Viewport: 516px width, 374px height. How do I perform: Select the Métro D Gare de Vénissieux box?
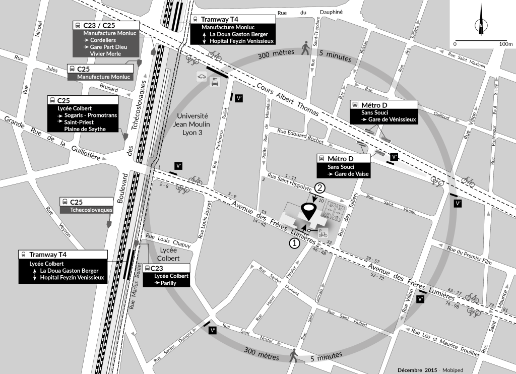pyautogui.click(x=384, y=104)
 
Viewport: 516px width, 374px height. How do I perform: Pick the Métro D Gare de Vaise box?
pyautogui.click(x=343, y=159)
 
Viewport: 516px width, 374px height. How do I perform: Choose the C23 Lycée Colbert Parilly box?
pyautogui.click(x=166, y=268)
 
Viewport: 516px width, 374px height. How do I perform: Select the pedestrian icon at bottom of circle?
pyautogui.click(x=294, y=356)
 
